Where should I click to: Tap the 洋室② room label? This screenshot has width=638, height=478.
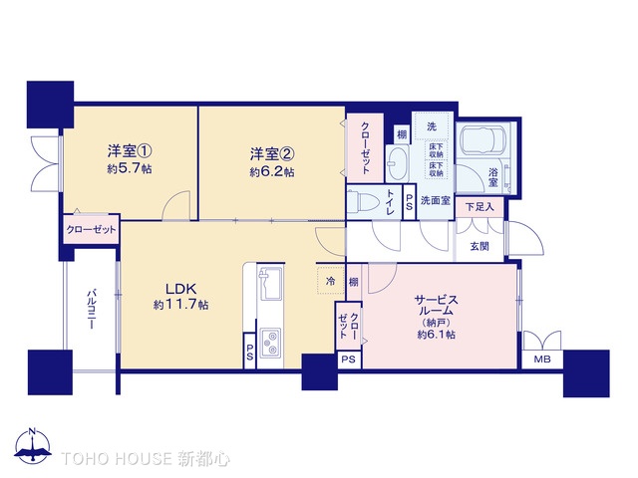tap(271, 154)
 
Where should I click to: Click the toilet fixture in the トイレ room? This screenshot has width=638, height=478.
tap(368, 202)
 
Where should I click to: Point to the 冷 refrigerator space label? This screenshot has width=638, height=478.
tap(331, 282)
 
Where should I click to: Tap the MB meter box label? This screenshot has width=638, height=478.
tap(542, 359)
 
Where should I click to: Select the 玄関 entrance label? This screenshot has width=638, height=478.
tap(478, 245)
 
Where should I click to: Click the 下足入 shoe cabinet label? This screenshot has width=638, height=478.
tap(479, 208)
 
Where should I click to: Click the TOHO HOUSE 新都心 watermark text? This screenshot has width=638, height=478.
tap(146, 459)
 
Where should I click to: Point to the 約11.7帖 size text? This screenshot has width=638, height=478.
tap(180, 306)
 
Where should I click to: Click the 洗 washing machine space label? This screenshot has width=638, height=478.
tap(432, 127)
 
